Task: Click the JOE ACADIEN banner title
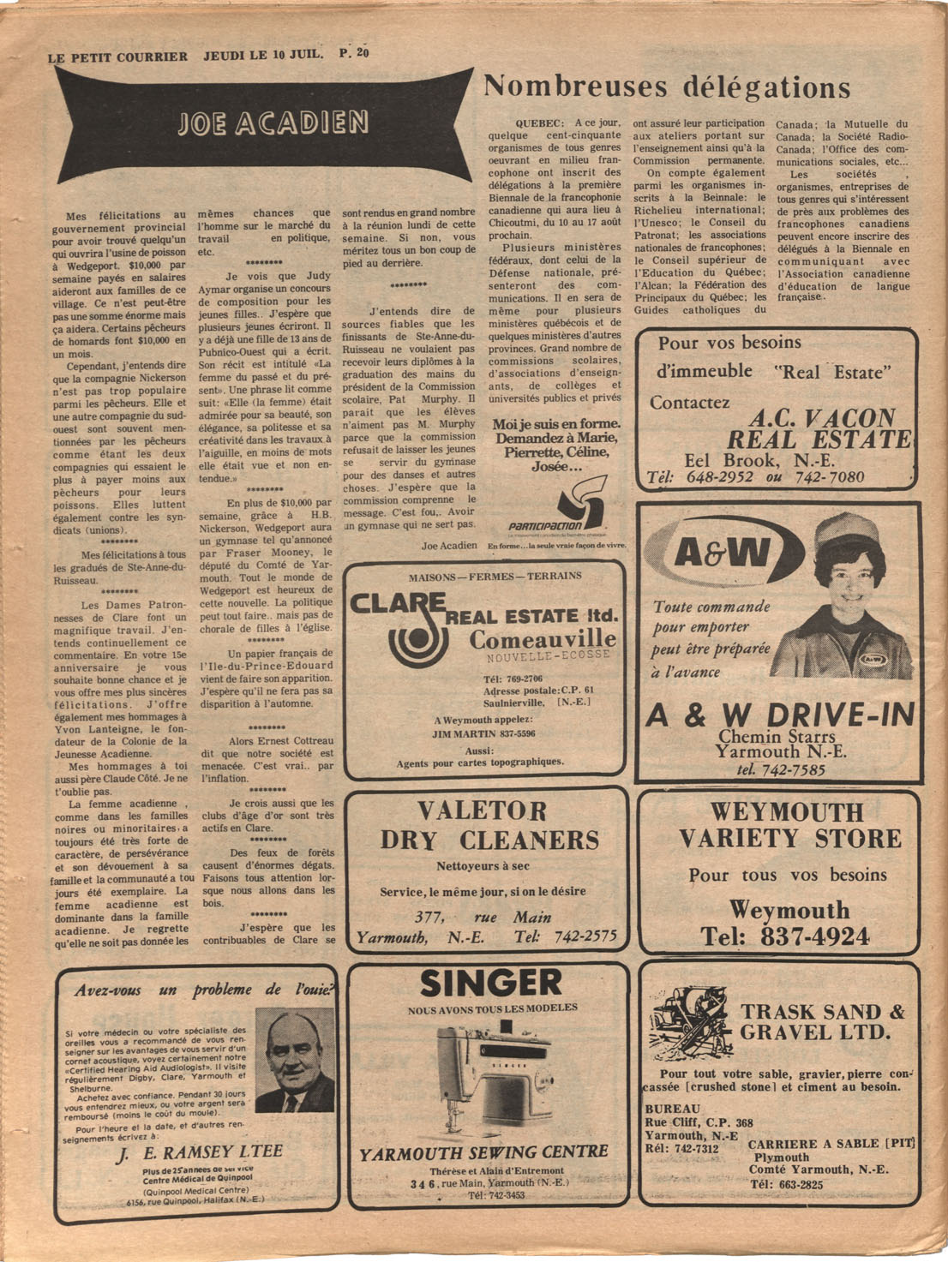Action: (x=272, y=124)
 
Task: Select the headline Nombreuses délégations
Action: (x=667, y=87)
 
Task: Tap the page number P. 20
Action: (x=354, y=53)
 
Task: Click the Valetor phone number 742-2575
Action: (x=585, y=936)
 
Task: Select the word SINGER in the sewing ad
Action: (x=491, y=984)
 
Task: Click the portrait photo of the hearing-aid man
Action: (x=295, y=1060)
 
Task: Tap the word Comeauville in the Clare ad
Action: (x=542, y=639)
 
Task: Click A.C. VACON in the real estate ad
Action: (x=821, y=418)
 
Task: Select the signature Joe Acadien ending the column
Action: (x=449, y=546)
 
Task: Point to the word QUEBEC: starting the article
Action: (x=539, y=123)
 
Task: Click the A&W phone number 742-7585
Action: (x=780, y=770)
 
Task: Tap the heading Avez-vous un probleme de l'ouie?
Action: (x=204, y=990)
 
